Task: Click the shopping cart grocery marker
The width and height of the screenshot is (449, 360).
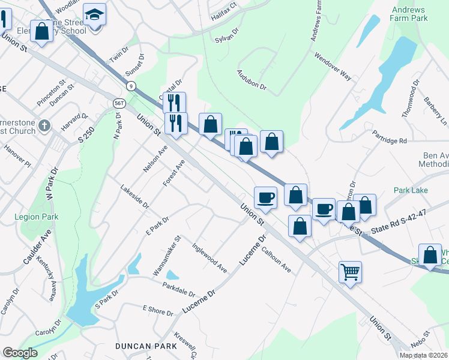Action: coord(350,271)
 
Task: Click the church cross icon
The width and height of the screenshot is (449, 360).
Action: coord(43,126)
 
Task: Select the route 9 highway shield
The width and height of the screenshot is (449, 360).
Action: coord(131,86)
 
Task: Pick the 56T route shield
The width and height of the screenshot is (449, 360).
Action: coord(119,103)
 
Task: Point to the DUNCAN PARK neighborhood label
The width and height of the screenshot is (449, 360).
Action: coord(146,346)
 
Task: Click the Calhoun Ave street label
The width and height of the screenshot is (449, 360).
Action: coord(276,260)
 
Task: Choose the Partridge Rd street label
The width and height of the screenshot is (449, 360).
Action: coord(389,136)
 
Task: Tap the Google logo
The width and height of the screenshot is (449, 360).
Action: coord(20,353)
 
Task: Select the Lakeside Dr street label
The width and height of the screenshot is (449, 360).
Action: coord(134,196)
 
